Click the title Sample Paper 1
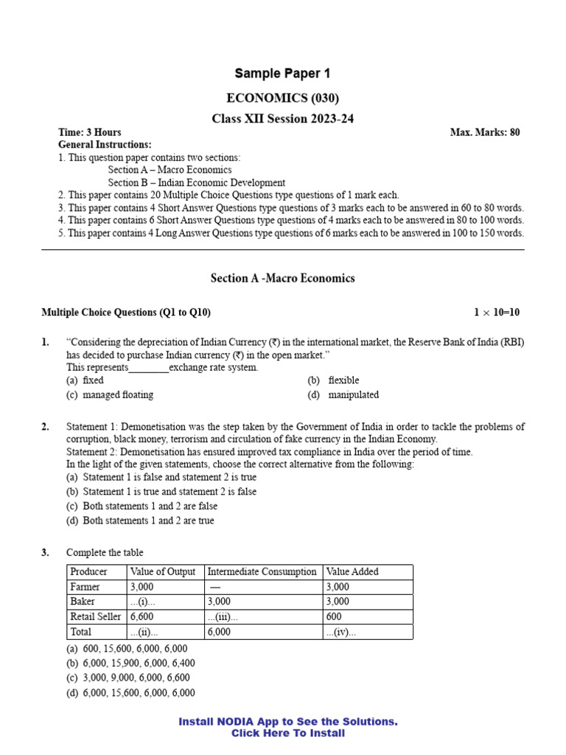[282, 73]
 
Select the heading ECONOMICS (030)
[282, 98]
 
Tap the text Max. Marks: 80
[484, 132]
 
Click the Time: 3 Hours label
[90, 132]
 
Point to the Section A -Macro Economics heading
[282, 278]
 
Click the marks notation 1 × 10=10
[496, 313]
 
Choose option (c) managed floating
[110, 395]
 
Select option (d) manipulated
[343, 395]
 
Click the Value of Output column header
[163, 572]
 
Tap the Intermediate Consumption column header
[262, 572]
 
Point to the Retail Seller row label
[95, 617]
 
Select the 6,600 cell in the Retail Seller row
[141, 617]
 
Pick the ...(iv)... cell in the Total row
[341, 632]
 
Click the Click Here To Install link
[287, 734]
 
